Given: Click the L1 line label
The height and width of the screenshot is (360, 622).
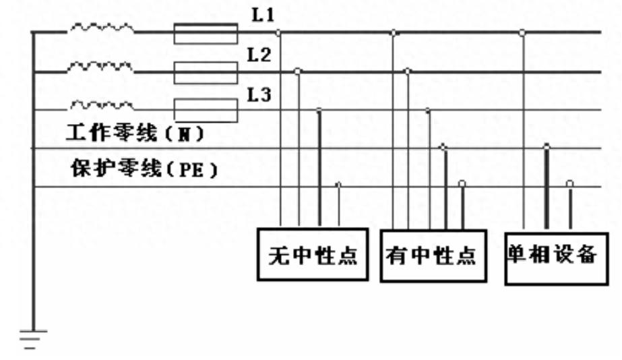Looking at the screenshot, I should pos(263,15).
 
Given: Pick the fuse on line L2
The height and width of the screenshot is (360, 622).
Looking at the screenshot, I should pos(206,72).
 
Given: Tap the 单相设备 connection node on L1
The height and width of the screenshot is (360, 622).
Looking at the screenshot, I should pos(522,32).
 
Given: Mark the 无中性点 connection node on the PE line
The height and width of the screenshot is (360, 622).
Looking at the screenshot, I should pos(338,183).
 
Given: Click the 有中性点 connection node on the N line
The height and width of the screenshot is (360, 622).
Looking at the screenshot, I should pos(443,146).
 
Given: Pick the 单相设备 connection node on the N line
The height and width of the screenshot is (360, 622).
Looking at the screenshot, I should pos(547,146).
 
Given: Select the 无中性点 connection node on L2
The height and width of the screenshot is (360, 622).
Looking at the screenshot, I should pos(299,70).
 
